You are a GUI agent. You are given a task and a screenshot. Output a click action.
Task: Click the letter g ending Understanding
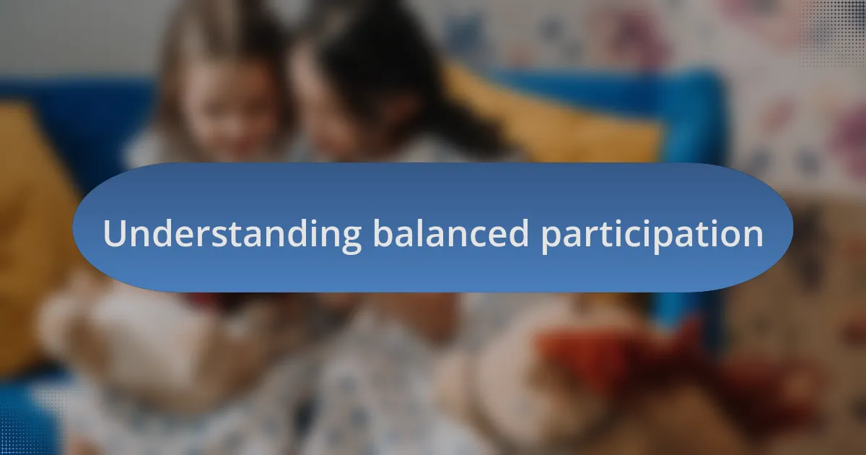pyautogui.click(x=351, y=238)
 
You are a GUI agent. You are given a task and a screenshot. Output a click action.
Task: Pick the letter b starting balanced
pyautogui.click(x=381, y=233)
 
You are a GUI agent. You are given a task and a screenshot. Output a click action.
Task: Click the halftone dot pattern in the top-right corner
pyautogui.click(x=837, y=29)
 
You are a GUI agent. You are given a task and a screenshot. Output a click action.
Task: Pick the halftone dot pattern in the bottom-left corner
pyautogui.click(x=29, y=426)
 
